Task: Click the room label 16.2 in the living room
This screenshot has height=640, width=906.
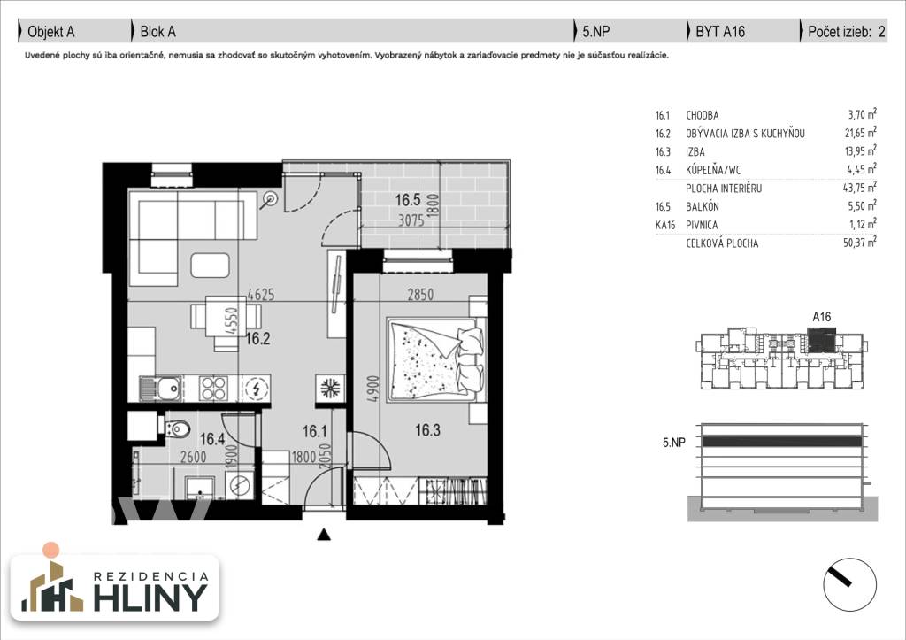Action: click(x=257, y=337)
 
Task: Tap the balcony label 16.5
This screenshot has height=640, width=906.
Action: click(x=408, y=201)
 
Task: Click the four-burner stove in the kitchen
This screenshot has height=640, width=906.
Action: click(x=216, y=388)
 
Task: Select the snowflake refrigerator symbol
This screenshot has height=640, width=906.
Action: click(x=327, y=388)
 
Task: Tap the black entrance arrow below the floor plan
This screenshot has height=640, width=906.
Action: click(x=325, y=534)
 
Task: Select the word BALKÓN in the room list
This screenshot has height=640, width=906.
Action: click(x=703, y=206)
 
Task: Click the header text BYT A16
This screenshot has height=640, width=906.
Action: click(x=720, y=32)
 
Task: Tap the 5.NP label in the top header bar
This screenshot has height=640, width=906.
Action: click(x=595, y=32)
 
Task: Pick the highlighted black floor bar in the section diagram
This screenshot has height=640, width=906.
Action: click(x=774, y=441)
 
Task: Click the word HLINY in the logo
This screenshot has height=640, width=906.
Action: click(x=155, y=598)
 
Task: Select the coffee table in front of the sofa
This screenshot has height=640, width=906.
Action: click(x=211, y=265)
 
